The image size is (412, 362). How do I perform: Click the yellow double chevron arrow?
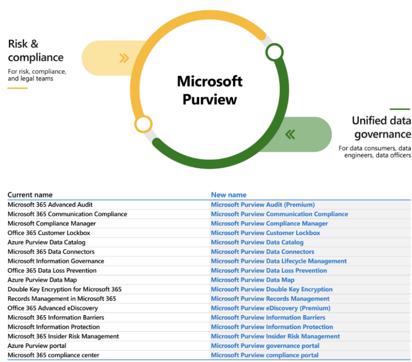coord(124,58)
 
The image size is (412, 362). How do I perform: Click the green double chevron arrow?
coord(290,134)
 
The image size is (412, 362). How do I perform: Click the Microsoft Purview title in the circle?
coord(210,90)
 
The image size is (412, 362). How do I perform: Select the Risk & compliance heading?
coord(36,51)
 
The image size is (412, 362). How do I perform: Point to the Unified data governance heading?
coord(381,127)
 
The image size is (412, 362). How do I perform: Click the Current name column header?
coord(30,195)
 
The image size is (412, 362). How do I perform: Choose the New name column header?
coord(229,195)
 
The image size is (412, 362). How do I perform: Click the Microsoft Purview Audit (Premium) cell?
coord(263,205)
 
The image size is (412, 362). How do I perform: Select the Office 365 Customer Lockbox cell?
coord(49,233)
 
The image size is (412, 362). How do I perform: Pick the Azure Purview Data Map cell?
coord(42,280)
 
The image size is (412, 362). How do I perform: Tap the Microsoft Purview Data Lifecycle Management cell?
coord(279,261)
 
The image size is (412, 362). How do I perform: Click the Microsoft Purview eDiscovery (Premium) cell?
coord(271,308)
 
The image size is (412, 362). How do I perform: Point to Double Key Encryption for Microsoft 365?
coord(65,289)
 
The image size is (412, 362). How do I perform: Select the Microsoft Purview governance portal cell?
coord(265,346)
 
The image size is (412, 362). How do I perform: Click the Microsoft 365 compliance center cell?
coord(53,355)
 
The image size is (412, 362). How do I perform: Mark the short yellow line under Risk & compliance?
coord(18,88)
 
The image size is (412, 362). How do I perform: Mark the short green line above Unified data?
coord(400,109)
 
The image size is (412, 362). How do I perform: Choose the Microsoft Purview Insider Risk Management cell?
coord(275,336)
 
